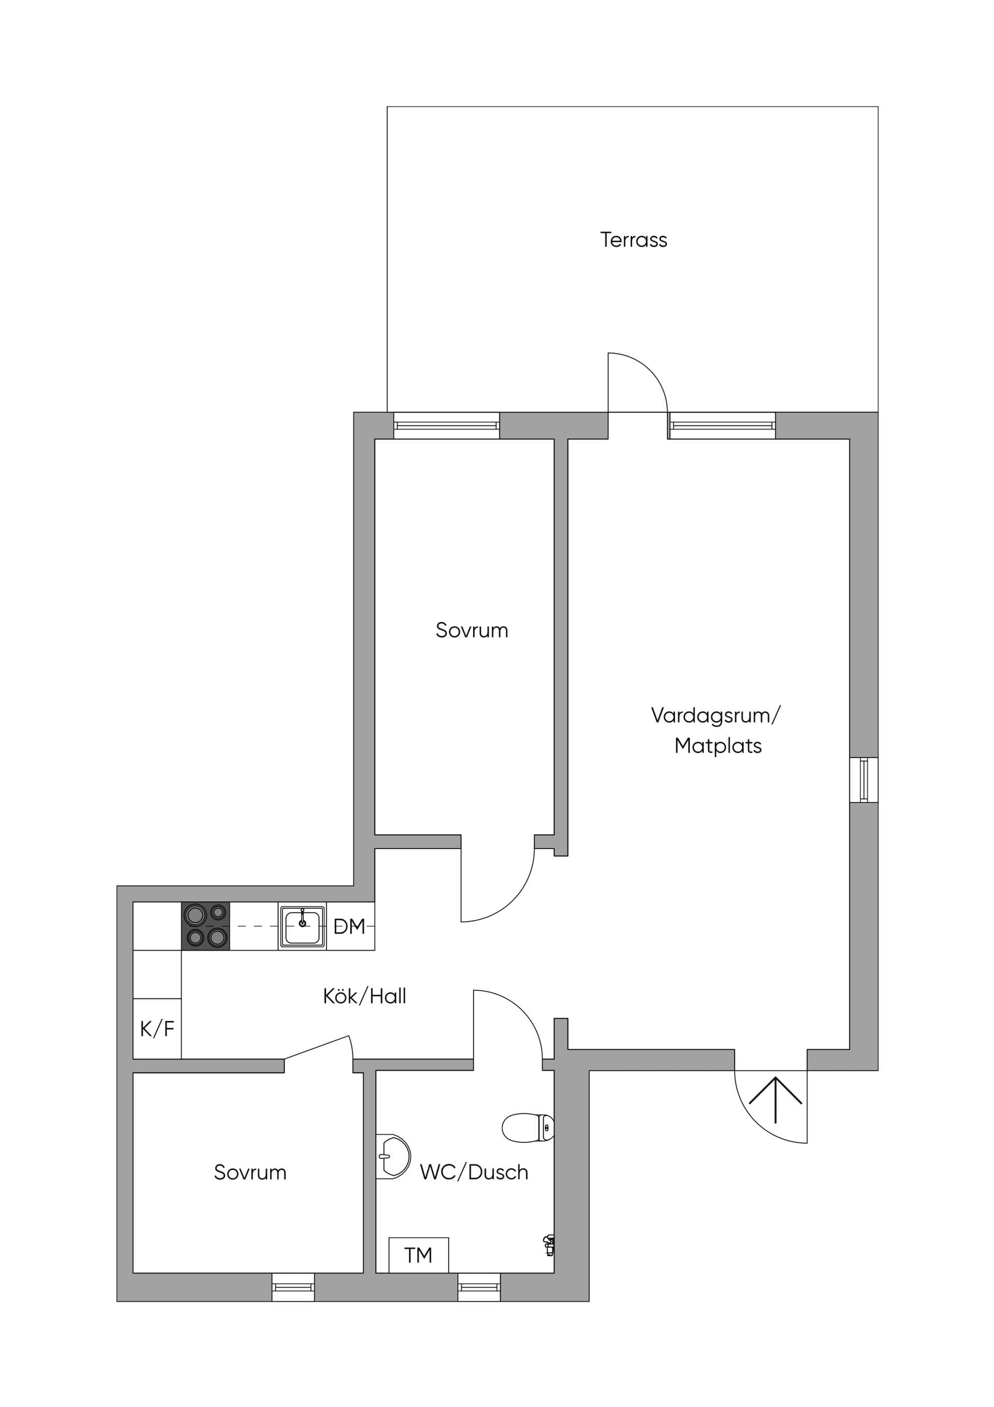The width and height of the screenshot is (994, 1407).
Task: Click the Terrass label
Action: [633, 240]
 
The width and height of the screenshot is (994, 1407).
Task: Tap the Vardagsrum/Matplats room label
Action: [716, 730]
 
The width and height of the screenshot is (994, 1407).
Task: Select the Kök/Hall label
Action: [364, 996]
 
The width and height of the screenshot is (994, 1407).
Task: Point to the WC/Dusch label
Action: [474, 1172]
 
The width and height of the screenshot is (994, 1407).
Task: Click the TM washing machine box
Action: [419, 1255]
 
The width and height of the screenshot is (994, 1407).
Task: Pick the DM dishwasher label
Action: [349, 927]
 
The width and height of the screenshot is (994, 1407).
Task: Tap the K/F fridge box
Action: [157, 1028]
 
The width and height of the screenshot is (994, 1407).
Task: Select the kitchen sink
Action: [302, 927]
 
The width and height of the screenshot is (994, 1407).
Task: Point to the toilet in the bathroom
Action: [528, 1128]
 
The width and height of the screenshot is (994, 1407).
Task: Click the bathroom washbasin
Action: [392, 1156]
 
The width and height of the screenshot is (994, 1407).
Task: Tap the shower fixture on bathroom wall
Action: [549, 1245]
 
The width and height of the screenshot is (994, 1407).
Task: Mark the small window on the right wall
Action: [864, 780]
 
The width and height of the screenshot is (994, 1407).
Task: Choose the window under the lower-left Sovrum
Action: [294, 1287]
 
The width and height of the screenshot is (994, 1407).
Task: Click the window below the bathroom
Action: [479, 1287]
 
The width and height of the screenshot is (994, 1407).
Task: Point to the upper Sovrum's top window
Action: [446, 425]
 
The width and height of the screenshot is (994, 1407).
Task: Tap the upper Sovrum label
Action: [472, 630]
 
